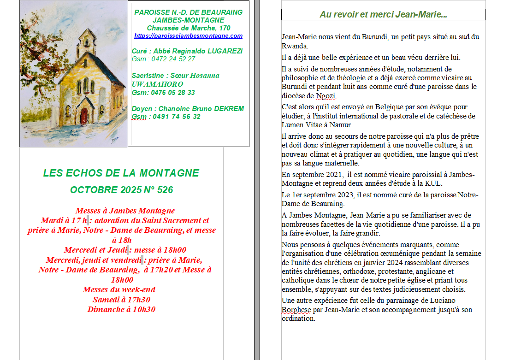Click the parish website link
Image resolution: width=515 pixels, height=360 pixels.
[x=188, y=36]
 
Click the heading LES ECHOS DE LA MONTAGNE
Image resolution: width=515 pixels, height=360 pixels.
[x=121, y=173]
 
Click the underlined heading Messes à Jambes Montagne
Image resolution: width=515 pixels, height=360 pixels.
[x=125, y=211]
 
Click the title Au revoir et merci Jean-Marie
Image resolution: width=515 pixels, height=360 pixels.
[x=383, y=15]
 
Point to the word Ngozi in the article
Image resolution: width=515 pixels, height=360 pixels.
[x=326, y=96]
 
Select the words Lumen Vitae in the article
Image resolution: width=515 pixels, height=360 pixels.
[x=302, y=125]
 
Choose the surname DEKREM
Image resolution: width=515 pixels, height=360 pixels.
[x=229, y=109]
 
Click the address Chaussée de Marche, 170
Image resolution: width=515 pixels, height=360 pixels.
[x=188, y=28]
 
